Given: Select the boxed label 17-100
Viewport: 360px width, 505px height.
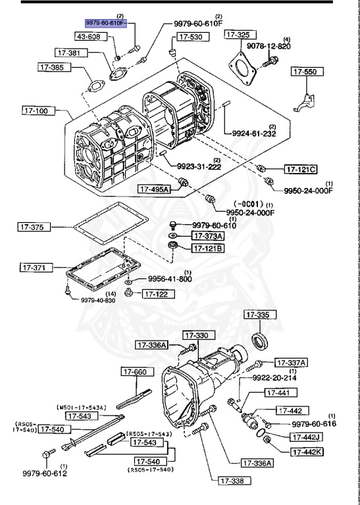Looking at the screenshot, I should pos(35,110).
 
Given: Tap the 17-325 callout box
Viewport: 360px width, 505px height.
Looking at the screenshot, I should pos(238,34).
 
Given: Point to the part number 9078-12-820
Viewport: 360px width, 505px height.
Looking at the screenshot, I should pos(268,47).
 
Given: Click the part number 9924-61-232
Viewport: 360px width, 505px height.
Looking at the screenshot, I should pos(254,133).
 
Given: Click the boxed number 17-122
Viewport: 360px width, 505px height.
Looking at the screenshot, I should pos(159,293).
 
